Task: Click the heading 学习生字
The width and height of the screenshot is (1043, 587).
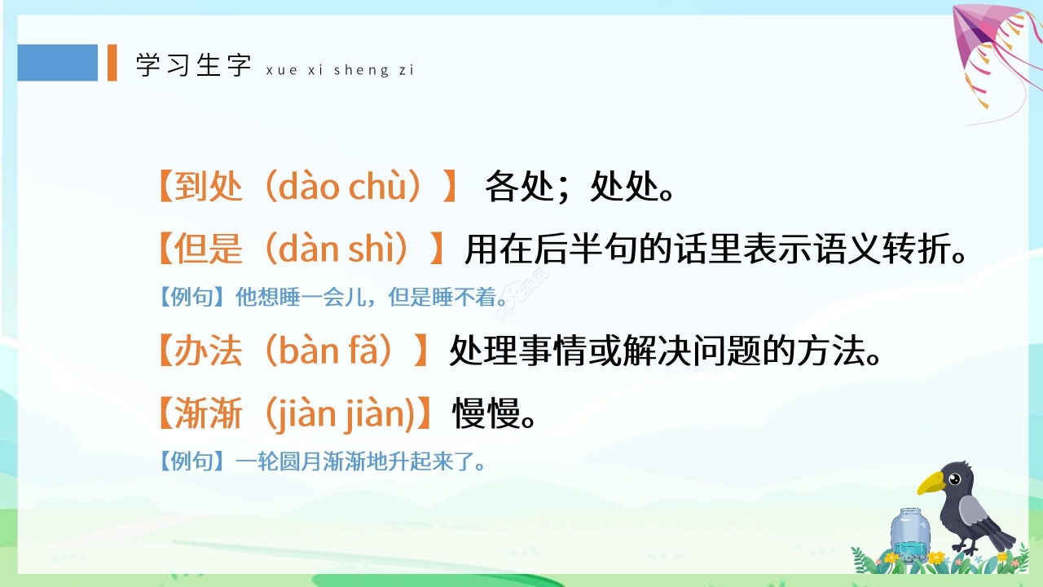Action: point(193,65)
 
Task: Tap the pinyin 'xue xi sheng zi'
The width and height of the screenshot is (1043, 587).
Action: point(340,71)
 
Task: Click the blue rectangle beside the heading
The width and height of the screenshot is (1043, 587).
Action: point(57,63)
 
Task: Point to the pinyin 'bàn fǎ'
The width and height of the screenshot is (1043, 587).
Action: point(335,351)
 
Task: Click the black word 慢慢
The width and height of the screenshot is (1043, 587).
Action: point(486,415)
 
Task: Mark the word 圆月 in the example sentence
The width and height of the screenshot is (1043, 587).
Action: point(307,462)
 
